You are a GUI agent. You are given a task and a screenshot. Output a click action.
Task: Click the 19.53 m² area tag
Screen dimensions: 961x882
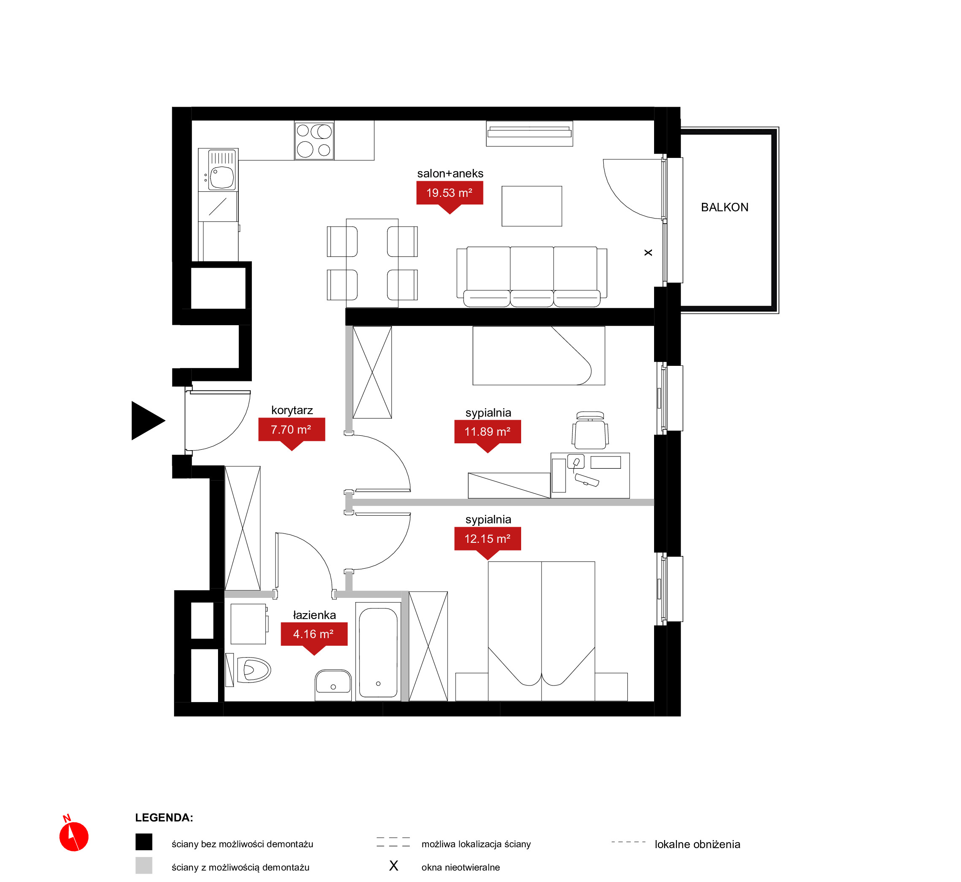click(x=450, y=194)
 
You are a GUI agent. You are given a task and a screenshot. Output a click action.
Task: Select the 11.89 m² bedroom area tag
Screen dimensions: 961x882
click(x=487, y=432)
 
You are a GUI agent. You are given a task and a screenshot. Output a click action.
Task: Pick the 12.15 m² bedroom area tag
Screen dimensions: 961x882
click(x=487, y=539)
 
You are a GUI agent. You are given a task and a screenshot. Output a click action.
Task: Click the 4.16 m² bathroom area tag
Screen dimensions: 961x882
click(x=314, y=634)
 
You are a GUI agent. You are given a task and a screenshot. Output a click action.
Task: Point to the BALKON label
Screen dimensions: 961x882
click(x=724, y=207)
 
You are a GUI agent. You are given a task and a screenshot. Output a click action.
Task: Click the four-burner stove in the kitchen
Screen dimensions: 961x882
click(x=314, y=140)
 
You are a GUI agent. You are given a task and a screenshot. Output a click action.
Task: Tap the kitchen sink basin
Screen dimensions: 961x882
click(x=222, y=176)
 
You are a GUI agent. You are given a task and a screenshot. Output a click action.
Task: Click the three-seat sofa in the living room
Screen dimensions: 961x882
click(x=532, y=277)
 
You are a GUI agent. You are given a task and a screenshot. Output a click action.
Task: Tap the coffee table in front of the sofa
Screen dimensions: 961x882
click(x=532, y=206)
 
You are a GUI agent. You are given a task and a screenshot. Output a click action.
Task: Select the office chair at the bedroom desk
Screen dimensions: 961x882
click(x=590, y=431)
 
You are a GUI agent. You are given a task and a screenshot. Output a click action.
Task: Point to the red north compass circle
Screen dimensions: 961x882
click(x=74, y=837)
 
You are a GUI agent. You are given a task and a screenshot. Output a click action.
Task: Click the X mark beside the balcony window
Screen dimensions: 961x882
click(x=648, y=252)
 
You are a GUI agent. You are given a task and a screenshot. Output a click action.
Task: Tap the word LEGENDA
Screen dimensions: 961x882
click(x=164, y=818)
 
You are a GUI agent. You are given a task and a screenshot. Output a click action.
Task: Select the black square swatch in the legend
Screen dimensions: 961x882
click(x=144, y=842)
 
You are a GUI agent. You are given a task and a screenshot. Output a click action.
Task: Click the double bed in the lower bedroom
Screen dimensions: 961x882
click(x=541, y=631)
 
